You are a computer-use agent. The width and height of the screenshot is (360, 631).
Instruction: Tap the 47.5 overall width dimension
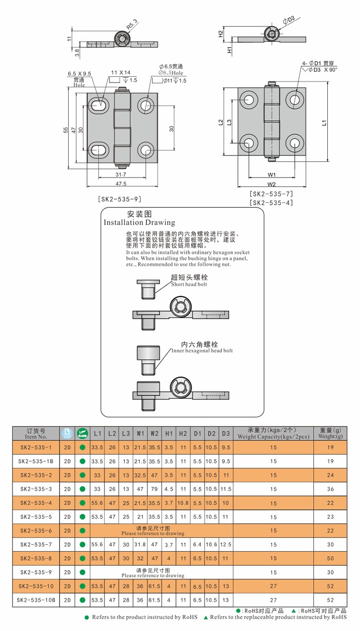point(120,184)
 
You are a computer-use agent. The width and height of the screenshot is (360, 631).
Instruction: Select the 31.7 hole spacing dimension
point(120,175)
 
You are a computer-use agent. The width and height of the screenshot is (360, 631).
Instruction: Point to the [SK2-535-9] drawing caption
point(119,199)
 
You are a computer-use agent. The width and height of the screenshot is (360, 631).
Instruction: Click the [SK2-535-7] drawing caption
point(271,194)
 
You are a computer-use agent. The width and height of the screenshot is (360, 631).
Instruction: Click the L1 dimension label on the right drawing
point(325,122)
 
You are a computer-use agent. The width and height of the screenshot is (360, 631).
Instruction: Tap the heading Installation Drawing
point(140,223)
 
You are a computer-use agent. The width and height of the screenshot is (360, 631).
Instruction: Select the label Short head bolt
point(190,284)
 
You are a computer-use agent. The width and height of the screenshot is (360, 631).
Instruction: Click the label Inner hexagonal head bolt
point(202,351)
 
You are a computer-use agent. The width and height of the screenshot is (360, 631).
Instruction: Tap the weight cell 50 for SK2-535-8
point(330,559)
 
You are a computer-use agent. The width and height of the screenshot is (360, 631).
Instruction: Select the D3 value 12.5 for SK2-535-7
point(226,545)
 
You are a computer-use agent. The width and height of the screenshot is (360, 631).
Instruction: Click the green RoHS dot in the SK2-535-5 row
point(83,517)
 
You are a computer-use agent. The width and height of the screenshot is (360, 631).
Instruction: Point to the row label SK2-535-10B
point(36,600)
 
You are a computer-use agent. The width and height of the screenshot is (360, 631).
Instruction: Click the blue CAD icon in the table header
point(67,433)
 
